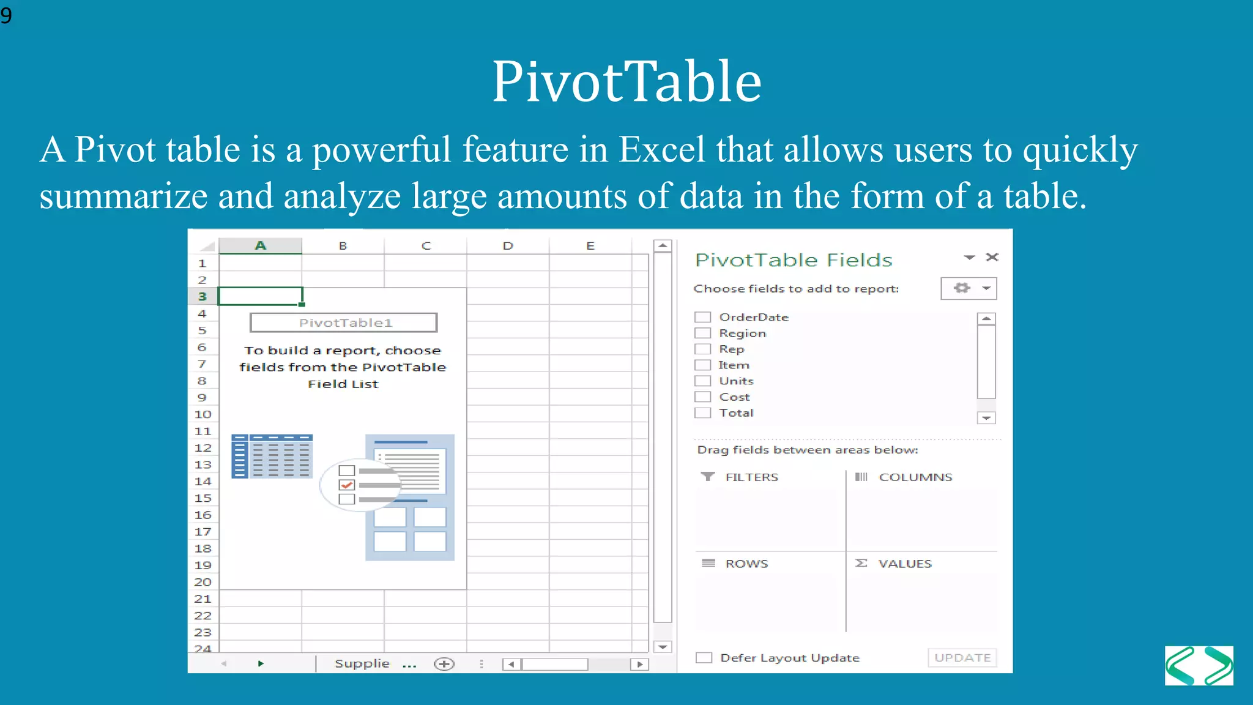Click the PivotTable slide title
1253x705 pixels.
coord(626,81)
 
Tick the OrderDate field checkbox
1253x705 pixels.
coord(702,317)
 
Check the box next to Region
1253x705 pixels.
coord(702,333)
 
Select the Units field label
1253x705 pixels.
coord(736,381)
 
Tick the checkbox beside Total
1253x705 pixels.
coord(702,412)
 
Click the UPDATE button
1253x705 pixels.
coord(962,657)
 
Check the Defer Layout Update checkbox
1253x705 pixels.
coord(704,657)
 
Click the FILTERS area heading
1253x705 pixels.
coord(751,477)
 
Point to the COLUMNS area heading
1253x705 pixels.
coord(915,477)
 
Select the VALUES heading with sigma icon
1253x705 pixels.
coord(904,564)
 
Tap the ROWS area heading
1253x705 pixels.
coord(746,564)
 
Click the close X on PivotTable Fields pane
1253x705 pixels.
coord(992,257)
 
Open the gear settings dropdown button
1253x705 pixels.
coord(969,288)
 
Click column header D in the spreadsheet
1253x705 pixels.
coord(508,246)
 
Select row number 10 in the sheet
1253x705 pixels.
coord(203,414)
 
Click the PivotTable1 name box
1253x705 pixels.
coord(344,323)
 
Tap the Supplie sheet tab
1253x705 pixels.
coord(362,663)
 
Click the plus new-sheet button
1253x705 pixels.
coord(444,664)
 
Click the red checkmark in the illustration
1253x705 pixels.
coord(347,485)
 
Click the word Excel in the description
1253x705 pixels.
coord(661,150)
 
